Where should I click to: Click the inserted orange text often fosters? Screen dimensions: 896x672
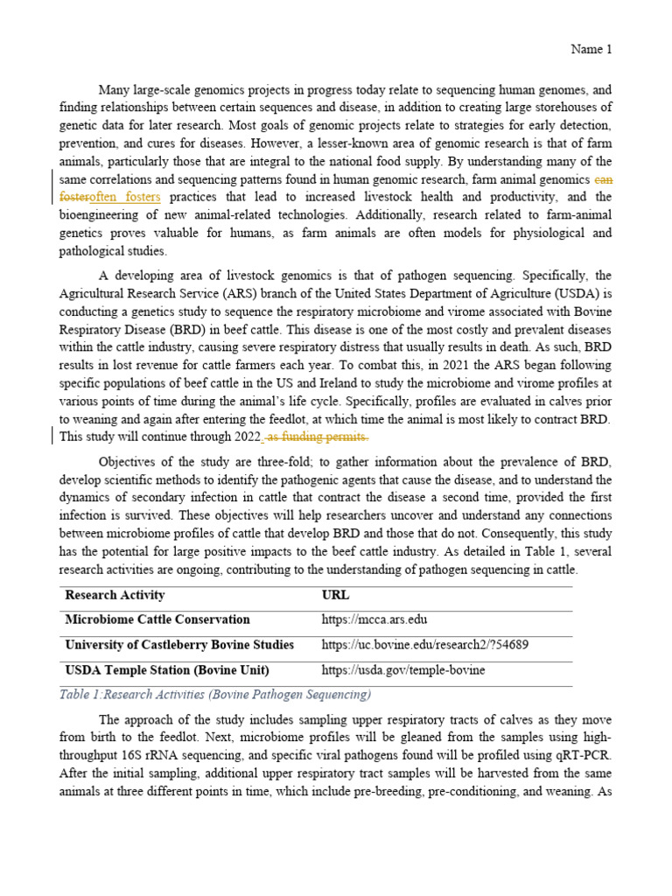125,198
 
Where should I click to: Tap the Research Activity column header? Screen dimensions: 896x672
115,595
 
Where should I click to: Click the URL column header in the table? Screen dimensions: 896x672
335,595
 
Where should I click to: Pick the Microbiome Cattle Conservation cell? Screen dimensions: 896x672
157,619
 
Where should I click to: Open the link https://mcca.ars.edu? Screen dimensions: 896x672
374,620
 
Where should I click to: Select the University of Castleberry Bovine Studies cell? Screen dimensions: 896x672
179,645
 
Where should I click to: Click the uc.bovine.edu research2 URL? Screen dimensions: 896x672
424,645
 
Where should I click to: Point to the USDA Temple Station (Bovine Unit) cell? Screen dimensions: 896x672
167,670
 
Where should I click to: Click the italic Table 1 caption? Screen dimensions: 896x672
215,695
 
